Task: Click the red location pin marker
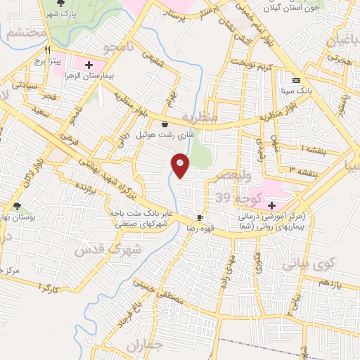(181, 166)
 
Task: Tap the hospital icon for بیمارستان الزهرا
(89, 65)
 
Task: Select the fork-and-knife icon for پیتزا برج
(48, 50)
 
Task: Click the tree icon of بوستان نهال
(16, 206)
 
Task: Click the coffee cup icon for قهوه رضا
(200, 218)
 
